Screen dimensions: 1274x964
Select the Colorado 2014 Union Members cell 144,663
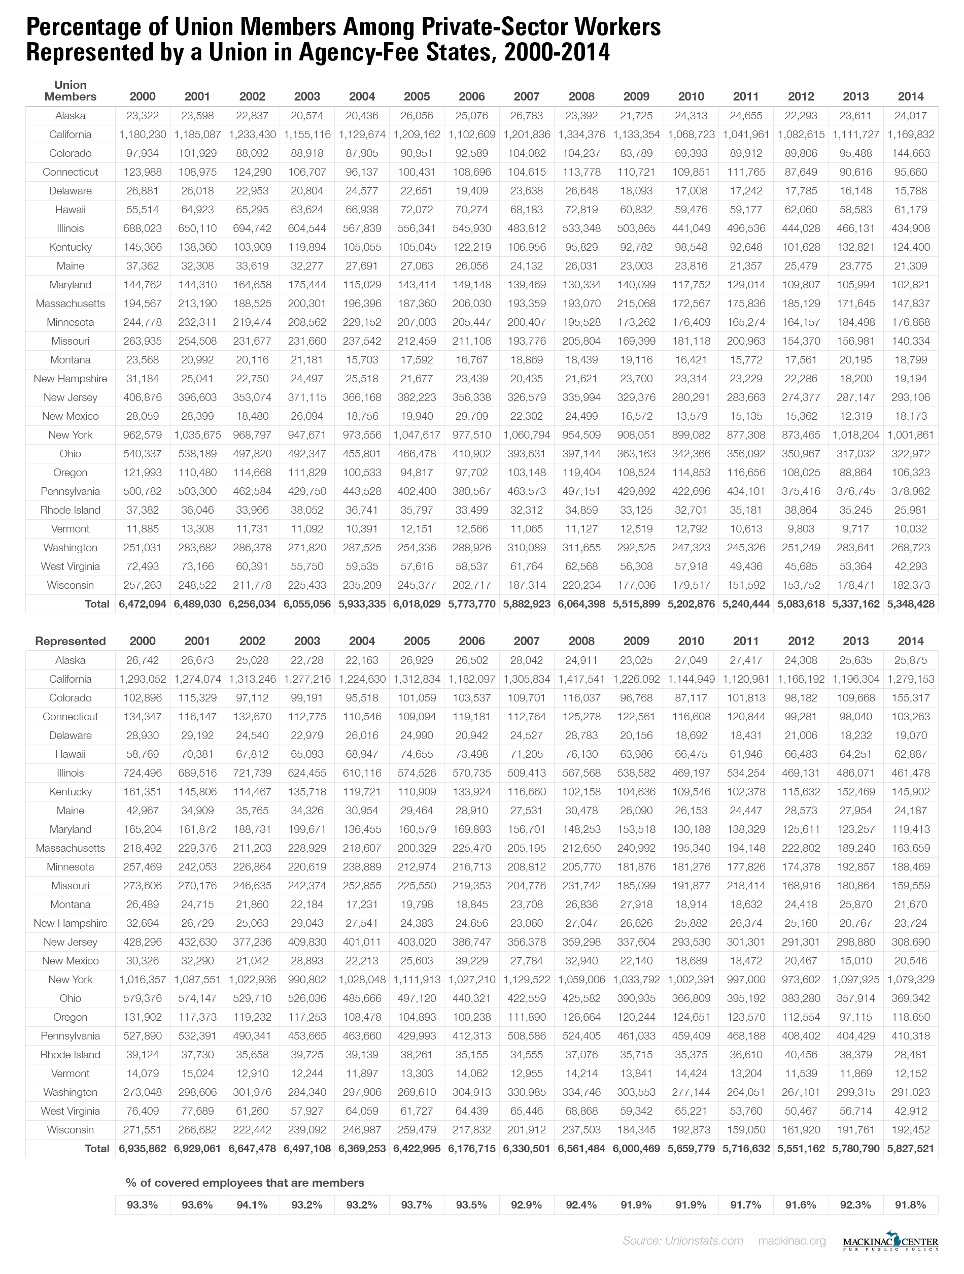pos(910,153)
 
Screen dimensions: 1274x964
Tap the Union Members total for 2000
pos(142,604)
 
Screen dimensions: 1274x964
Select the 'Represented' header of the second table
pos(70,641)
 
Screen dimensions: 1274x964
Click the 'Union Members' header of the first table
pos(70,91)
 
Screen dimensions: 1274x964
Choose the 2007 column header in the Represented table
pos(526,641)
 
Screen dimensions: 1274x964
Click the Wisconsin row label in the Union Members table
pos(70,585)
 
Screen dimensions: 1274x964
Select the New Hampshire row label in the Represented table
pos(70,923)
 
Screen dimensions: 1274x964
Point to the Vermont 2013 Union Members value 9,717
pos(856,529)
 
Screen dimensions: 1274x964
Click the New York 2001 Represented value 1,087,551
pos(197,980)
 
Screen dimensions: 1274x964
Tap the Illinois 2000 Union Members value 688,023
pos(142,228)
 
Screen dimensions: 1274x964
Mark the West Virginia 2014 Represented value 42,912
pos(910,1111)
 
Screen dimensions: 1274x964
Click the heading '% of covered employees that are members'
pos(245,1183)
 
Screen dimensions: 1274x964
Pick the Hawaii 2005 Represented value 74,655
pos(417,754)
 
